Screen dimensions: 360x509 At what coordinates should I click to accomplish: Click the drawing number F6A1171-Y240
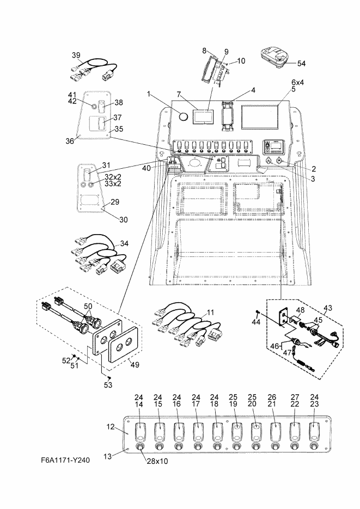(x=65, y=460)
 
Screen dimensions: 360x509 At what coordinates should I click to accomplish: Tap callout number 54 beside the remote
(x=301, y=63)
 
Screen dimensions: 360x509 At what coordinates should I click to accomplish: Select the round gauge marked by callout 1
(x=184, y=116)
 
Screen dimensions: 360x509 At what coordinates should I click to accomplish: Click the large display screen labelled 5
(x=260, y=116)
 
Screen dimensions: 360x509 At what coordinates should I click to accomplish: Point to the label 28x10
(x=157, y=461)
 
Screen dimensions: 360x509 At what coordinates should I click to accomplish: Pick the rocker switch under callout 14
(x=139, y=431)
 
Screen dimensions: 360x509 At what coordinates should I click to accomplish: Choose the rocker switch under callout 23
(x=314, y=431)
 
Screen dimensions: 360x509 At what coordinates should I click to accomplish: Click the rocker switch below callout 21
(x=275, y=431)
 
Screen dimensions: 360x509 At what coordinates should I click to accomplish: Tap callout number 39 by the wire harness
(x=76, y=55)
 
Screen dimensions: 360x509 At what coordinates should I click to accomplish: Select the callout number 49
(x=135, y=365)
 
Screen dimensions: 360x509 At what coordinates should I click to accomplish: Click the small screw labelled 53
(x=109, y=377)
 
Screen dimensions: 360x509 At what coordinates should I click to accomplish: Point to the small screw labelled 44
(x=258, y=312)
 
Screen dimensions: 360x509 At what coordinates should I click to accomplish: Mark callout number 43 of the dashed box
(x=328, y=308)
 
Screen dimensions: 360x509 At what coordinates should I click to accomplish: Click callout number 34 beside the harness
(x=124, y=243)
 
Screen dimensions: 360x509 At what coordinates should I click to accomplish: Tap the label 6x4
(x=297, y=82)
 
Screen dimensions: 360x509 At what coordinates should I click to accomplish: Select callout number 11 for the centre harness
(x=210, y=312)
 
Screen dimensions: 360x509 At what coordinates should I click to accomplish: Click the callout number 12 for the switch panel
(x=111, y=426)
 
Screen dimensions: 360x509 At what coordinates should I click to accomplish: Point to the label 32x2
(x=113, y=177)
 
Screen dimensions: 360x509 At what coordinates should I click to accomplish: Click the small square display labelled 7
(x=204, y=116)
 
